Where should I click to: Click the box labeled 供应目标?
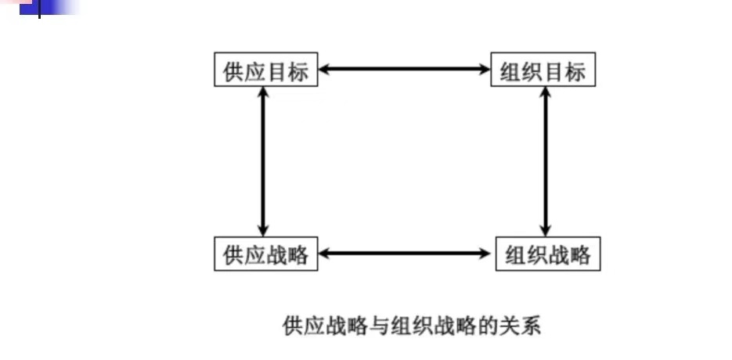pyautogui.click(x=266, y=71)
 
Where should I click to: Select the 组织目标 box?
pyautogui.click(x=543, y=71)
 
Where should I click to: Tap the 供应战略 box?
pyautogui.click(x=266, y=254)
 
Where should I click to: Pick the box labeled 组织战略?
pyautogui.click(x=548, y=255)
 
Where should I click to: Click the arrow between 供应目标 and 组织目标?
pyautogui.click(x=404, y=70)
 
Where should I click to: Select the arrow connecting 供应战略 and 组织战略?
pyautogui.click(x=406, y=253)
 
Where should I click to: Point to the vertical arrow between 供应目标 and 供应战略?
pyautogui.click(x=263, y=162)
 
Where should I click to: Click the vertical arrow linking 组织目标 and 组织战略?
pyautogui.click(x=545, y=162)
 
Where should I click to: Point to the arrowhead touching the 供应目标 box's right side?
pyautogui.click(x=324, y=70)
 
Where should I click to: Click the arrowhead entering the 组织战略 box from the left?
pyautogui.click(x=488, y=253)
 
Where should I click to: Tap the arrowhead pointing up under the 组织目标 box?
pyautogui.click(x=545, y=93)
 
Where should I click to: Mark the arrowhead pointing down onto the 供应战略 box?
pyautogui.click(x=263, y=232)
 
